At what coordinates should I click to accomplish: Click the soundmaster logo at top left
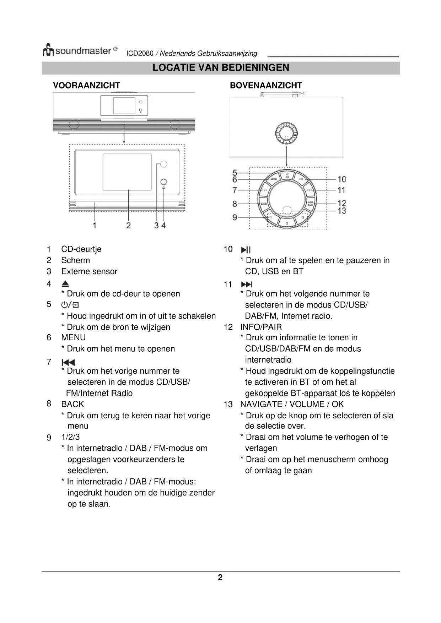[x=80, y=51]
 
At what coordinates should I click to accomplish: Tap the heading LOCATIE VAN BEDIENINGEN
[x=221, y=68]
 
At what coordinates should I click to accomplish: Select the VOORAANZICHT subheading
[x=86, y=86]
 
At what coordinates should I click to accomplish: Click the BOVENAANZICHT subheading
[x=266, y=86]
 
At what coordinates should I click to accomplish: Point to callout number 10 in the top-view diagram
[x=341, y=179]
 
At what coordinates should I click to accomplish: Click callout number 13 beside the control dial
[x=341, y=211]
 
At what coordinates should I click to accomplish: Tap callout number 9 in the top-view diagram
[x=235, y=217]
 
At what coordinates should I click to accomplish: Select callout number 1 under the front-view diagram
[x=95, y=225]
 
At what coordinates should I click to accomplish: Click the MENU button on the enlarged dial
[x=274, y=179]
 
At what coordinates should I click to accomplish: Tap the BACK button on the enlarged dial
[x=264, y=204]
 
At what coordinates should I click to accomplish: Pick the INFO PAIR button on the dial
[x=310, y=204]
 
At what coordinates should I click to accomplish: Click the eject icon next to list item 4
[x=65, y=284]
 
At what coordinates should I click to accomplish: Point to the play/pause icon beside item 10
[x=246, y=250]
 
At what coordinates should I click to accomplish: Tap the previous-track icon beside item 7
[x=68, y=362]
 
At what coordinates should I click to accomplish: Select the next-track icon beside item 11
[x=247, y=284]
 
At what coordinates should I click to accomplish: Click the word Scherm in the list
[x=75, y=260]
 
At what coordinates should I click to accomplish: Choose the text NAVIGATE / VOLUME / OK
[x=292, y=404]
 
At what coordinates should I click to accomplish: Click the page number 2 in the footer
[x=220, y=578]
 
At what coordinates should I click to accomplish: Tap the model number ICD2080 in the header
[x=140, y=54]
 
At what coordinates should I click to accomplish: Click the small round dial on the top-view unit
[x=286, y=134]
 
